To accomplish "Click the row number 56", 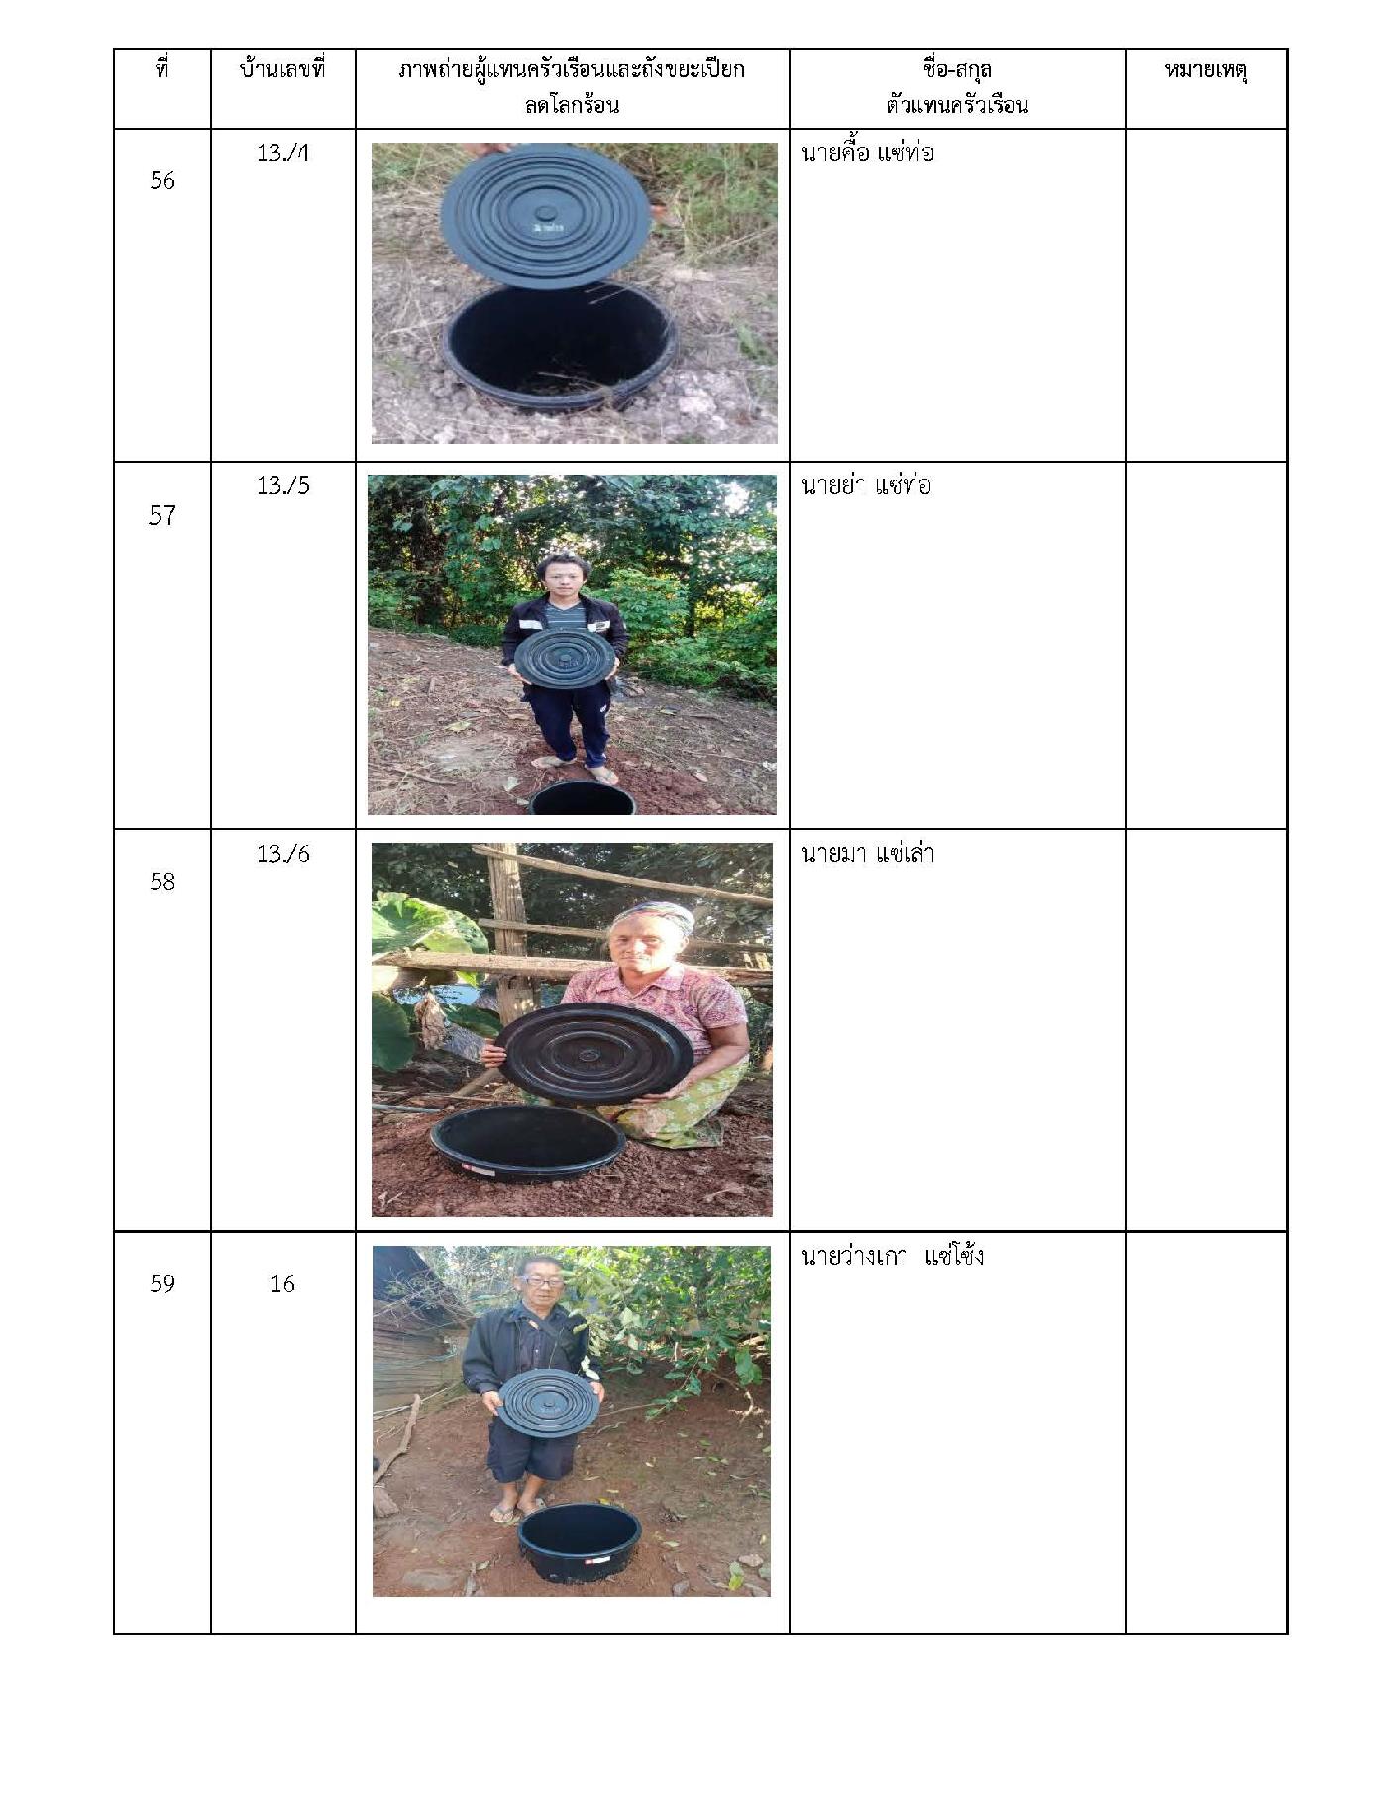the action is point(162,180).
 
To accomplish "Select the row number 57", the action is point(162,515).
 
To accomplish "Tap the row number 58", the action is point(162,881).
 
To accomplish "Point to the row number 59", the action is point(162,1283).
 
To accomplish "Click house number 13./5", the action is point(283,485).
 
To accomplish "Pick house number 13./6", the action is point(283,853).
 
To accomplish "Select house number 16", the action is point(282,1283).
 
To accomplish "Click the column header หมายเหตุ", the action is point(1206,71).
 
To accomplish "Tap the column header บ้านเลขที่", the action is point(282,70).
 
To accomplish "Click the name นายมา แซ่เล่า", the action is point(868,853).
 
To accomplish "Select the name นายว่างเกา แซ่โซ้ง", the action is point(892,1256).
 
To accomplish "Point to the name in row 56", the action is point(867,154).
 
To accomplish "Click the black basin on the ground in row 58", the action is point(527,1142).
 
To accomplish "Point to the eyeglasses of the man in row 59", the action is point(539,1280).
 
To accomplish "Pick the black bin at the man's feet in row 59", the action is point(580,1542).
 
